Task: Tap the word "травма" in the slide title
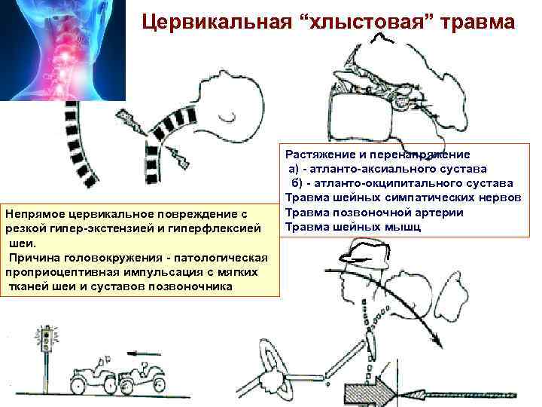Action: (x=472, y=23)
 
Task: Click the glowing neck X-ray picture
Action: (x=62, y=50)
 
